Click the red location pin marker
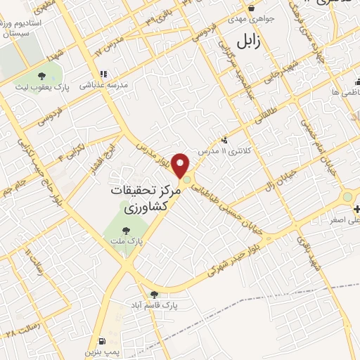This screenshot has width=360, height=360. (x=181, y=166)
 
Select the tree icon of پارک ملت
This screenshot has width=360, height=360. (x=127, y=229)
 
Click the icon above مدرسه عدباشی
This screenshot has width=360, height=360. (x=104, y=74)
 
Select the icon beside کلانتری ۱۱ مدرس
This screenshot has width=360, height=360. (x=224, y=139)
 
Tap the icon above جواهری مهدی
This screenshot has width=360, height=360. (x=250, y=9)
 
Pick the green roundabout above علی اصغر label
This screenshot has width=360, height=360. (x=347, y=198)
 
